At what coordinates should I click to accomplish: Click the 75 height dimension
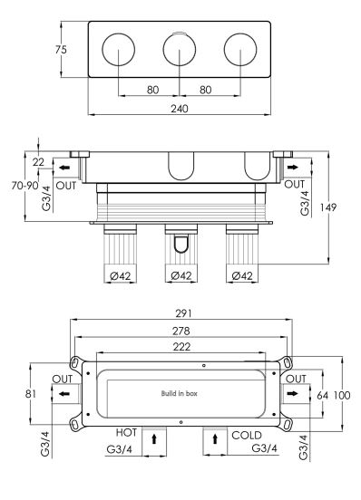(x=61, y=50)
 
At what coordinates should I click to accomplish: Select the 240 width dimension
(x=180, y=109)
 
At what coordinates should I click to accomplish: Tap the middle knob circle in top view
(x=180, y=50)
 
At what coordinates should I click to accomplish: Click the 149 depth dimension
(x=328, y=207)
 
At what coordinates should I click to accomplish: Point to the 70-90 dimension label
(x=24, y=186)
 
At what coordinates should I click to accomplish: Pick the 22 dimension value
(x=38, y=162)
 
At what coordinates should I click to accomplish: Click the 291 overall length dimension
(x=184, y=313)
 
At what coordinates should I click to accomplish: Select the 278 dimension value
(x=181, y=331)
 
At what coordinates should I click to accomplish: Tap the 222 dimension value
(x=181, y=347)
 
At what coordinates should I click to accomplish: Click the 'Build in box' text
(x=179, y=393)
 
